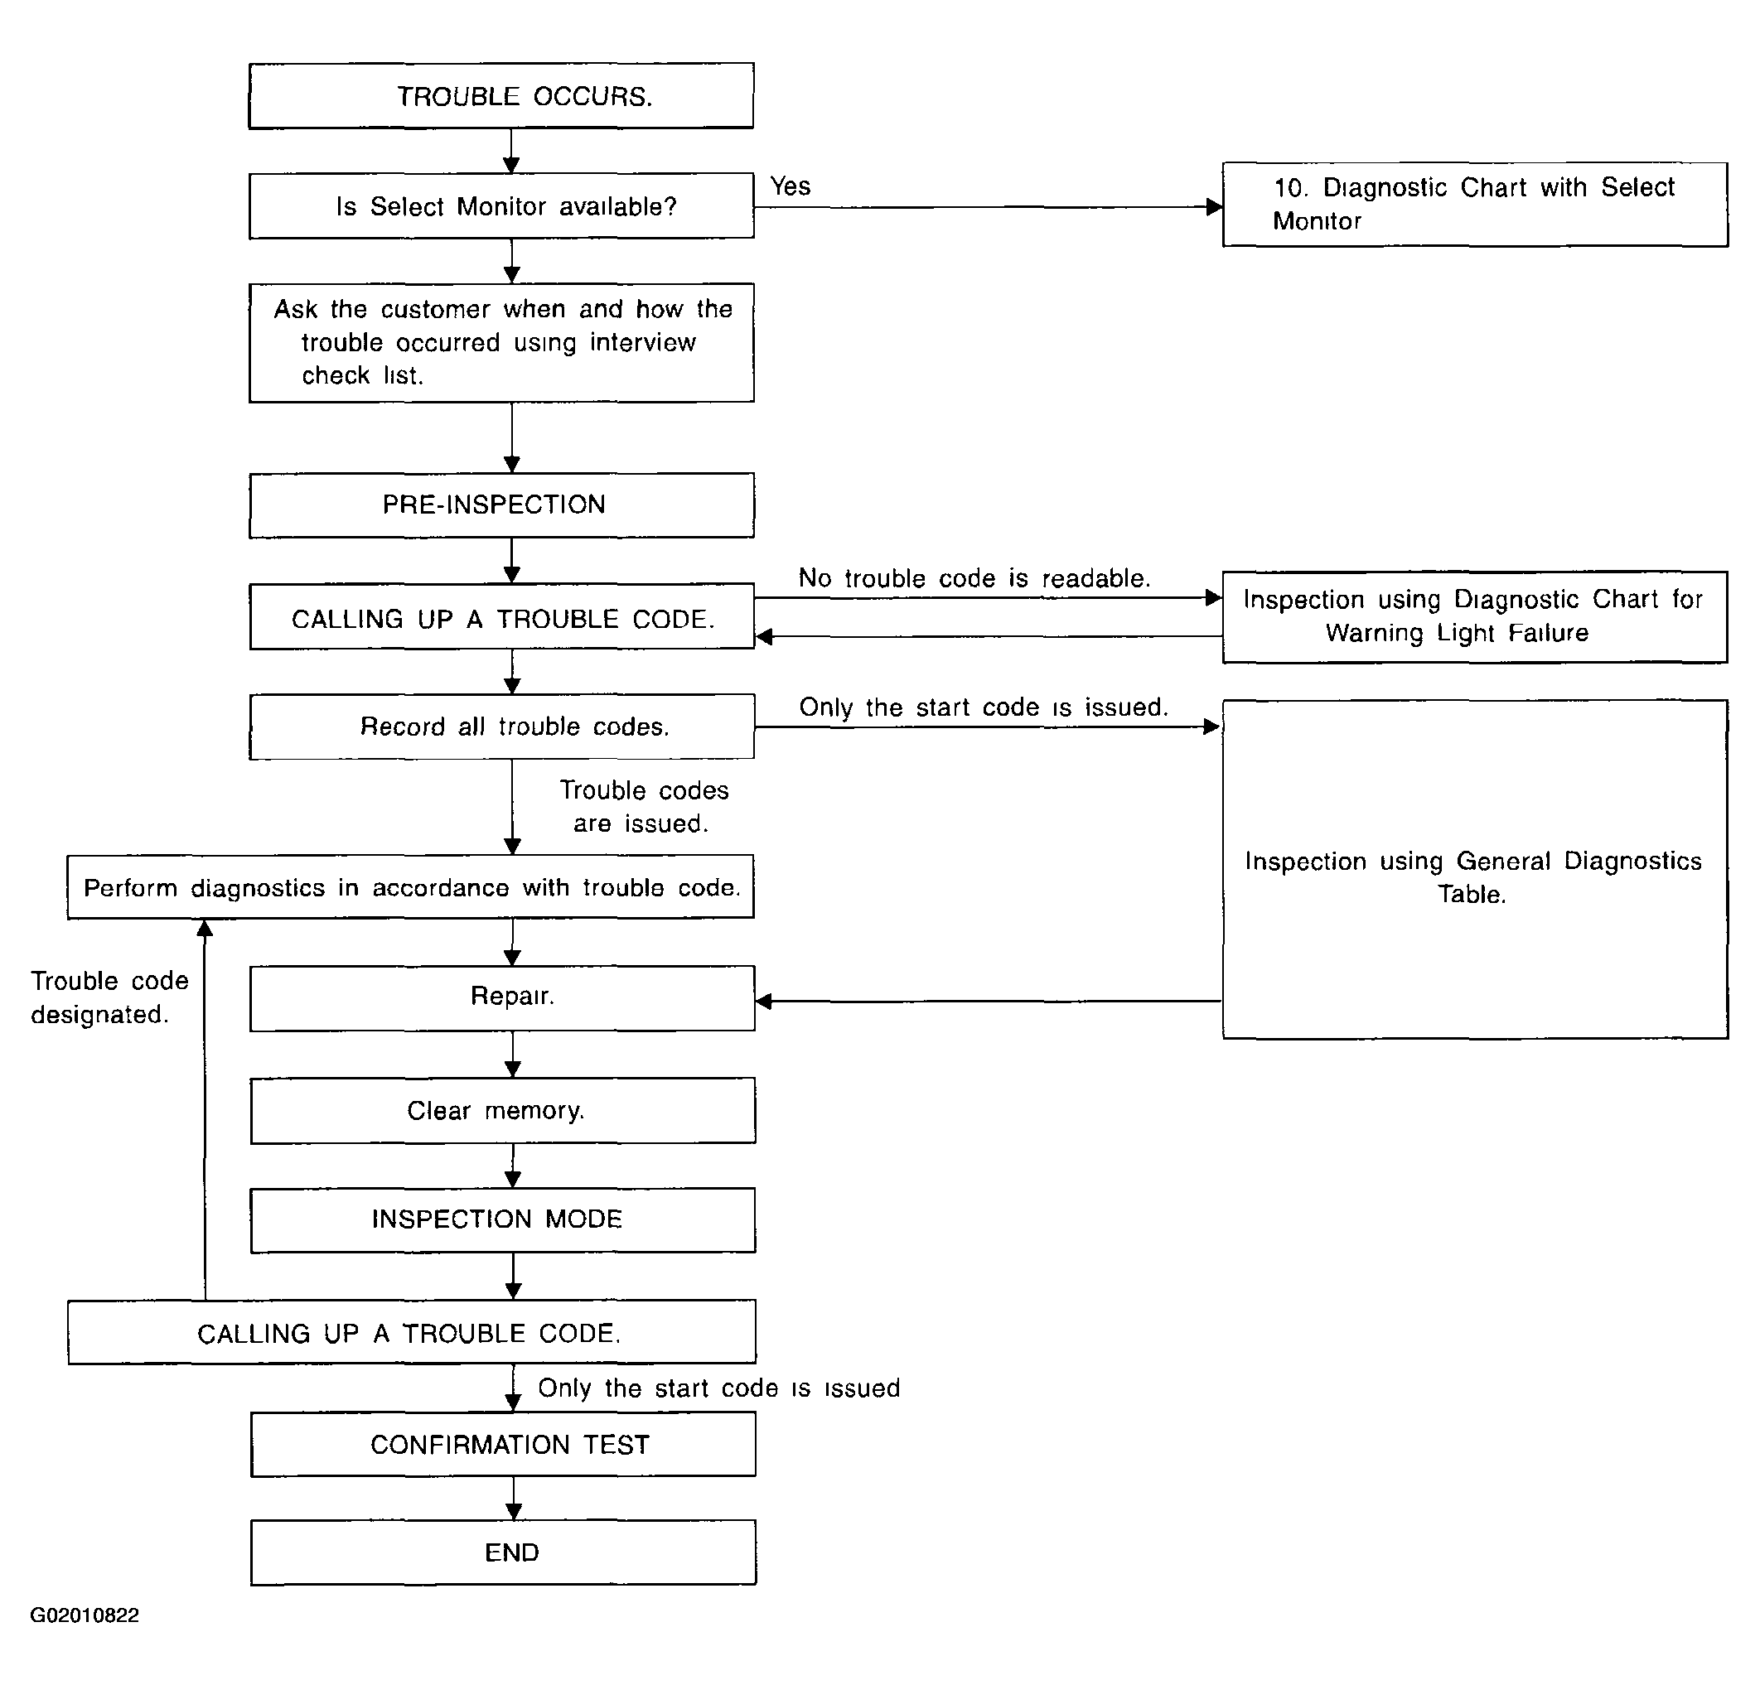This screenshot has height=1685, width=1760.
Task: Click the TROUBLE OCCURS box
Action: point(501,95)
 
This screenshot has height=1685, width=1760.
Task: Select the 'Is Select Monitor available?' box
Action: point(501,205)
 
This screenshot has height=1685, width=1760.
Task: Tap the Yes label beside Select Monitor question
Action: point(791,186)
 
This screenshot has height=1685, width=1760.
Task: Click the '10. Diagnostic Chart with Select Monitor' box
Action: point(1474,204)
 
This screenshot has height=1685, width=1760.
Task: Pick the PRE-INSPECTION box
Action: point(501,505)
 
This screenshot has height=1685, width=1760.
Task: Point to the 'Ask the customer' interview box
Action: point(501,342)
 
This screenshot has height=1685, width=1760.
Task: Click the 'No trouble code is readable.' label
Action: point(974,578)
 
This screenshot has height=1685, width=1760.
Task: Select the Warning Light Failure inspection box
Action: point(1474,616)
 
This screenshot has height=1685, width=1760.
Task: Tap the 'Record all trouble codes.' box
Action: point(502,727)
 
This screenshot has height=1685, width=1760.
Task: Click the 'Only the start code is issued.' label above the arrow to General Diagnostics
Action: point(984,707)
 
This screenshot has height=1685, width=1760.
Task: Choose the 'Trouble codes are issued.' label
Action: point(643,806)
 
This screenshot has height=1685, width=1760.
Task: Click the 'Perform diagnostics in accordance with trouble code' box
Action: point(410,886)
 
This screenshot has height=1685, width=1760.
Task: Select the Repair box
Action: point(502,997)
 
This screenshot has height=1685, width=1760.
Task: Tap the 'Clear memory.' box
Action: point(503,1110)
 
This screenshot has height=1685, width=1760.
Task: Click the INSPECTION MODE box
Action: point(503,1220)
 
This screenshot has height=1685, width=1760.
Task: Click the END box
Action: point(503,1552)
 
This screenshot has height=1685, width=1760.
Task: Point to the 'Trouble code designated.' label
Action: point(109,997)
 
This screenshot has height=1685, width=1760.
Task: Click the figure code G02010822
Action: point(85,1615)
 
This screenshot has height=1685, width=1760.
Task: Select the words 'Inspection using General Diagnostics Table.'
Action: point(1472,877)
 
